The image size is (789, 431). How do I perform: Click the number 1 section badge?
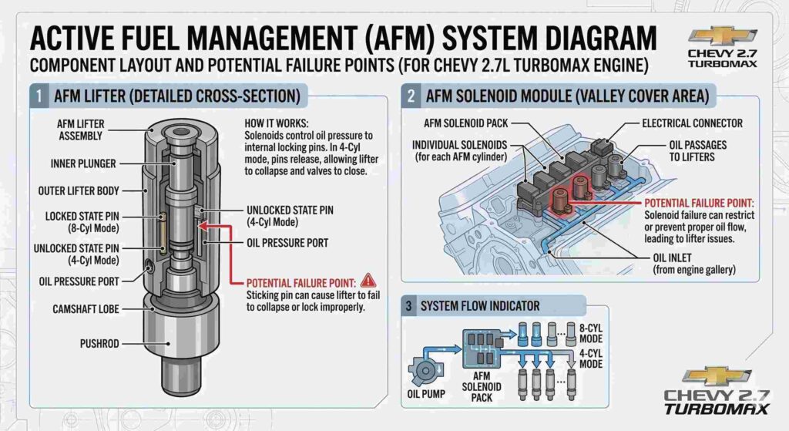(37, 96)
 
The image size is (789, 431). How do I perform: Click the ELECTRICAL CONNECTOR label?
(693, 123)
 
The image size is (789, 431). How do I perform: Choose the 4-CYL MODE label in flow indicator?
(591, 358)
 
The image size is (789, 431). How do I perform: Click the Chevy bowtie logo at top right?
(722, 36)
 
